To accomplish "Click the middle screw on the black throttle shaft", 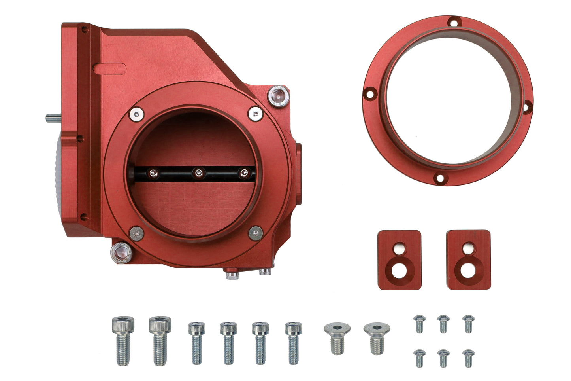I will (198, 172).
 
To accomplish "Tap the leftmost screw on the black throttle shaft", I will (152, 172).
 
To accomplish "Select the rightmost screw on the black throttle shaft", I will (245, 172).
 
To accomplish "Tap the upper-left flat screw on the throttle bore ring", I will (136, 114).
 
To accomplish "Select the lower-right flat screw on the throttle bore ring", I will (256, 233).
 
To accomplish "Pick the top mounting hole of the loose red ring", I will (454, 22).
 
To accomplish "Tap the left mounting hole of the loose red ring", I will (369, 94).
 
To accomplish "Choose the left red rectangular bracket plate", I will (399, 260).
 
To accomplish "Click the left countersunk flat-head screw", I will (337, 337).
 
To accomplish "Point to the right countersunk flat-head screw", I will (377, 337).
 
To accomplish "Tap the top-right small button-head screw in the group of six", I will (469, 323).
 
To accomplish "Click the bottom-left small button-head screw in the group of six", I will (419, 357).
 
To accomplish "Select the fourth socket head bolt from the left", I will (228, 342).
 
